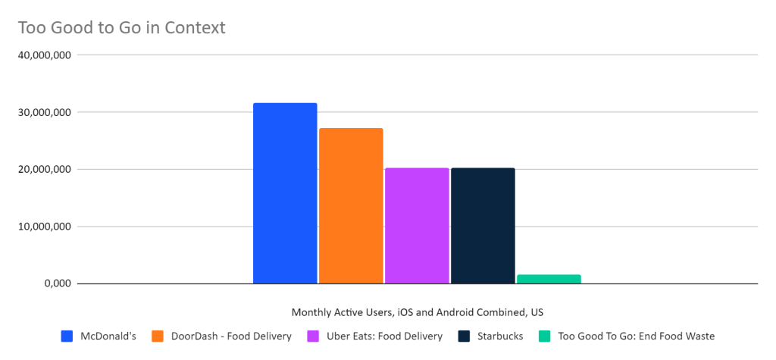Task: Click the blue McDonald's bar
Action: (x=285, y=193)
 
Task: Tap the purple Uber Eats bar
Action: (x=417, y=226)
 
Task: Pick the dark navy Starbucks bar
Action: (x=483, y=226)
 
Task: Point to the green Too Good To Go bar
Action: (x=549, y=279)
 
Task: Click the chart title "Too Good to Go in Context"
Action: (x=121, y=28)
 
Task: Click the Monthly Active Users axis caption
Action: (x=418, y=312)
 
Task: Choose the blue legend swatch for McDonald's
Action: (x=67, y=336)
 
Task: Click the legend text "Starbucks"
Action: (x=500, y=336)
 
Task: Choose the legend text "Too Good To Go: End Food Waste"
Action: (x=636, y=336)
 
